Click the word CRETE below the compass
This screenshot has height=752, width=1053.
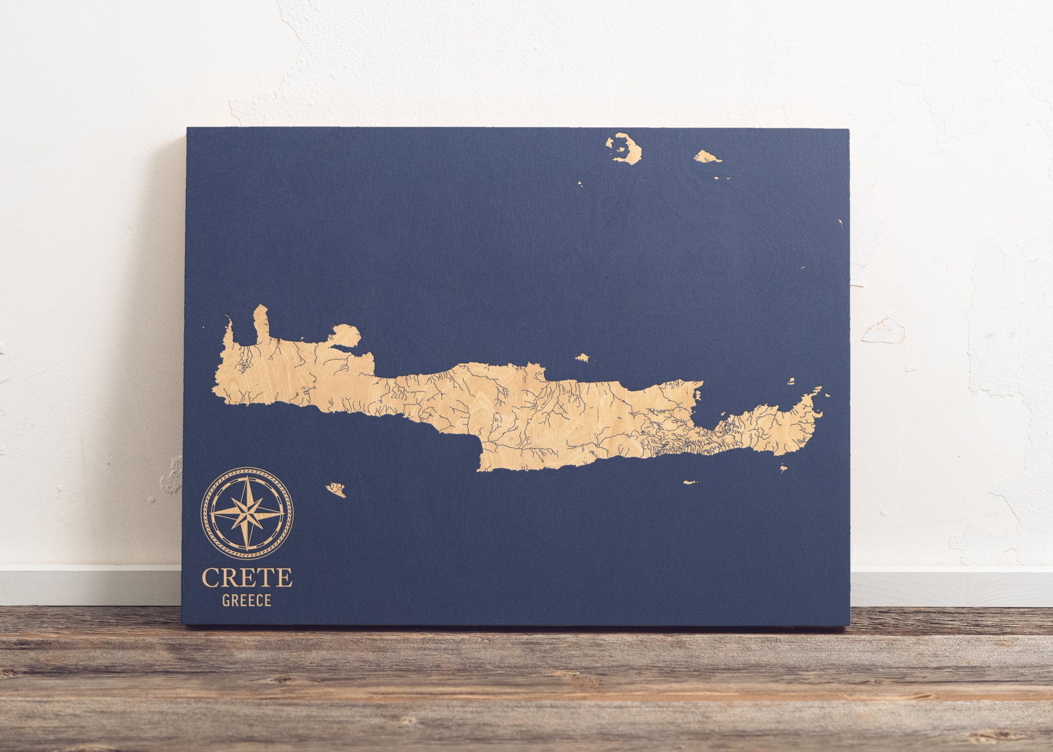click(x=247, y=578)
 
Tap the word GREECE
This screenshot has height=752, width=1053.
click(x=246, y=601)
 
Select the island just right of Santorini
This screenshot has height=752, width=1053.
click(x=707, y=156)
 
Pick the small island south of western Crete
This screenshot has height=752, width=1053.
click(x=336, y=490)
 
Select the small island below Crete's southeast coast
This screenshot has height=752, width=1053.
click(x=691, y=482)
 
